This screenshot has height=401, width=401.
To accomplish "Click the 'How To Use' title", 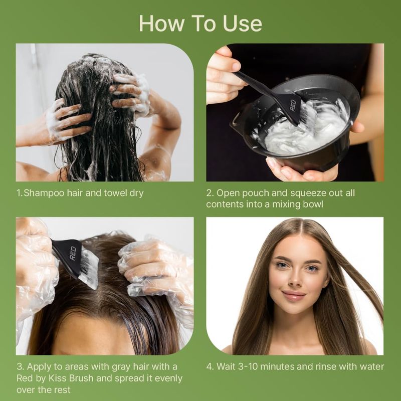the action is click(x=200, y=24).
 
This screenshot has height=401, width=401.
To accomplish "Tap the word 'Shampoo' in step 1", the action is click(x=44, y=193).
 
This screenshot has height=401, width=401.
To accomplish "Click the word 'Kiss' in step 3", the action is click(x=58, y=378).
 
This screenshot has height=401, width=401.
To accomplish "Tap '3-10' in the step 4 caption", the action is click(x=248, y=367).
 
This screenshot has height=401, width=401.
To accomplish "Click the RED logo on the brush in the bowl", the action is click(x=293, y=105).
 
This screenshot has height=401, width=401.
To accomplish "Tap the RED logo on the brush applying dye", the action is click(x=73, y=253).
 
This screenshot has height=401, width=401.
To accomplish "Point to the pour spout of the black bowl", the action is click(x=235, y=124).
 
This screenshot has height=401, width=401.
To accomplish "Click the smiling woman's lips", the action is click(x=294, y=295).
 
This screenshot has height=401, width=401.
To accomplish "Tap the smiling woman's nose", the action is click(x=295, y=278).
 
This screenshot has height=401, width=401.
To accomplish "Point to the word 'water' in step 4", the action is click(x=372, y=367).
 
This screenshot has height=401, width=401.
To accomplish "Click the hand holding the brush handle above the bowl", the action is click(x=224, y=77).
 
